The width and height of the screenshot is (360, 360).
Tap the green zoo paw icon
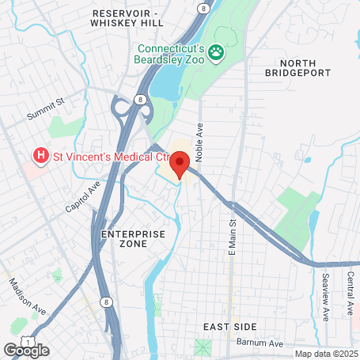[x=216, y=52]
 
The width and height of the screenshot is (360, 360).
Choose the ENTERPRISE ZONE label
[x=134, y=239]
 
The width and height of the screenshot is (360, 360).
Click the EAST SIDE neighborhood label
[x=225, y=327]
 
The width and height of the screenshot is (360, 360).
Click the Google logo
[x=26, y=350]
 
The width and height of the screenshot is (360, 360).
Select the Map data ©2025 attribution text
[x=325, y=354]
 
